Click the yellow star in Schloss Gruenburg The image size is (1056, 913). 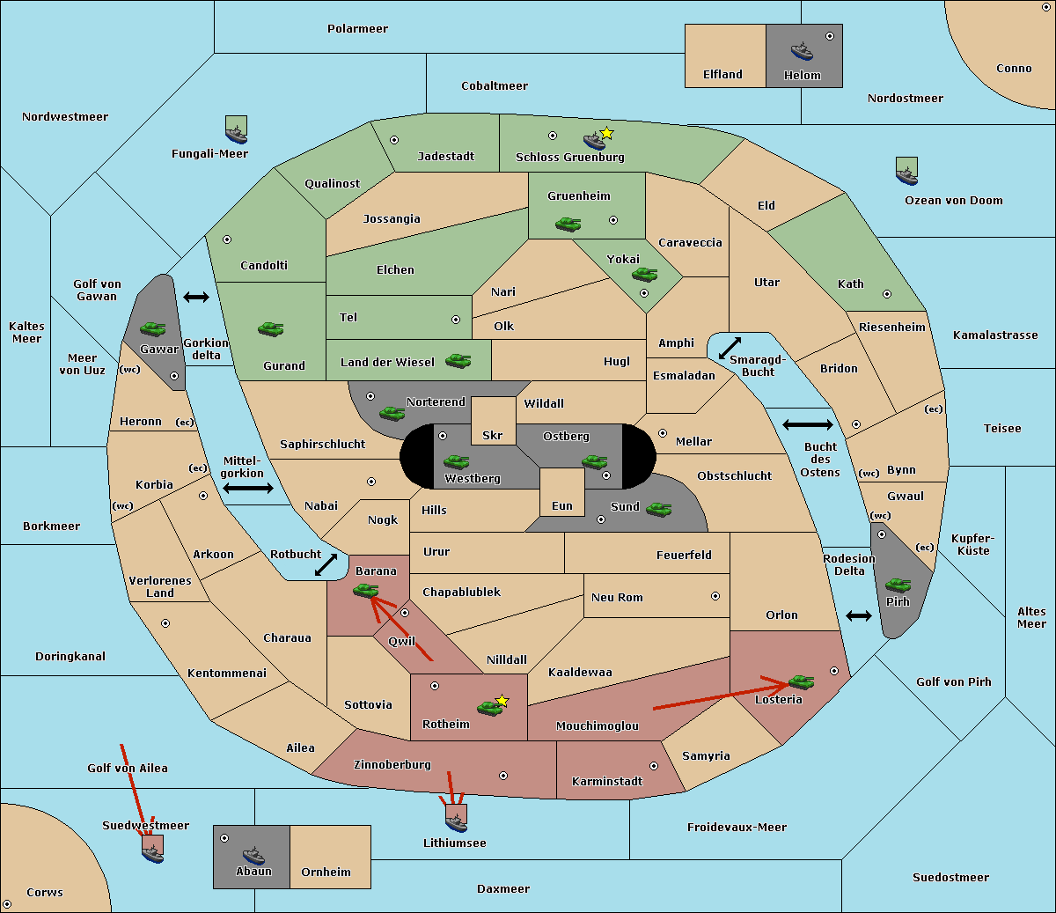pos(606,133)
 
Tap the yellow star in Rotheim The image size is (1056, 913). pos(502,701)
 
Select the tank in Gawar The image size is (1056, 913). pos(152,328)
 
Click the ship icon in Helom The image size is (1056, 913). pos(802,50)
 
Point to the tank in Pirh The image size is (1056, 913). pos(898,585)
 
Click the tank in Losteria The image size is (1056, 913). pos(801,681)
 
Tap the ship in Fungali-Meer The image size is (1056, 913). pos(236,132)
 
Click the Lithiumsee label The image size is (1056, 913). pos(455,843)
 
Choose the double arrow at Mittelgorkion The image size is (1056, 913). pos(248,489)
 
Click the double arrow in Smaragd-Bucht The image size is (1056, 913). pos(730,348)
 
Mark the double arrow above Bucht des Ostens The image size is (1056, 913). pos(807,425)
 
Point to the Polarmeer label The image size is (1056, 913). pos(357,28)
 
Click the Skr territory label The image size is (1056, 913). pos(493,435)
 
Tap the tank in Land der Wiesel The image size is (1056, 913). pos(458,360)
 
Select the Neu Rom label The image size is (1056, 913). pos(617,597)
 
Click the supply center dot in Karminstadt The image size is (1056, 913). pos(654,766)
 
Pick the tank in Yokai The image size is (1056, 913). pos(645,275)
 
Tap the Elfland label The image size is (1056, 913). pos(722,74)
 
